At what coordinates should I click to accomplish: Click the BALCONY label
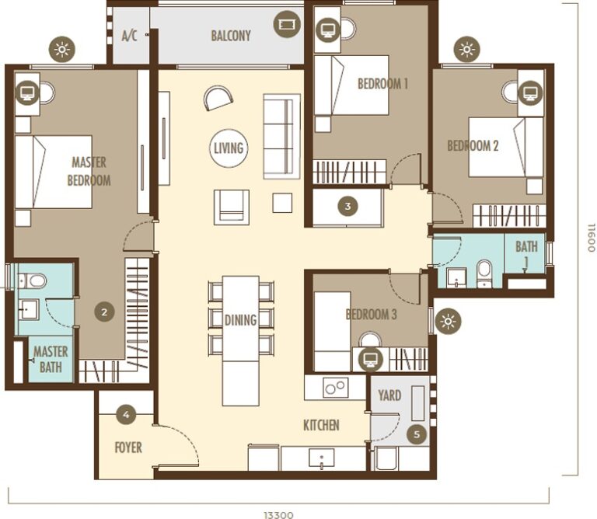230,36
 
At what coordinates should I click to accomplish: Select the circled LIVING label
229,148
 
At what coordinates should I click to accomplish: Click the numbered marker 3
348,206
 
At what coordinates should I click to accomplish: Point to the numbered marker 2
104,312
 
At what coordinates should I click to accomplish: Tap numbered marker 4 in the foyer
127,415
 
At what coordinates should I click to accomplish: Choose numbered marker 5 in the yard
417,435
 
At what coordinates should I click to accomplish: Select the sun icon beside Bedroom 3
447,321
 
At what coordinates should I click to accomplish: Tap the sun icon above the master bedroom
61,50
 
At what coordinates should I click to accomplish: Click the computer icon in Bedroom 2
530,93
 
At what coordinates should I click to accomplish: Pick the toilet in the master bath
35,280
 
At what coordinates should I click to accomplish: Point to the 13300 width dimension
278,514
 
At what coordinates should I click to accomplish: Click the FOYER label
127,447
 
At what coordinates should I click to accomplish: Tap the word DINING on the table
240,320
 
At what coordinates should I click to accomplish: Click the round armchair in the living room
218,98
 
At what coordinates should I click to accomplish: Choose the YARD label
389,395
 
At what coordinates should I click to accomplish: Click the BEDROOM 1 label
382,84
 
